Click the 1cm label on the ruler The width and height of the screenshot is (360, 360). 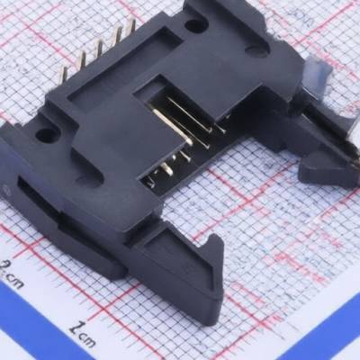pyautogui.click(x=83, y=334)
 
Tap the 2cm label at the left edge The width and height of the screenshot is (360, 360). pyautogui.click(x=12, y=272)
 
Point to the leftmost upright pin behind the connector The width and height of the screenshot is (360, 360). pyautogui.click(x=63, y=74)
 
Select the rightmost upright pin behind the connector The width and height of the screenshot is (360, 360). pyautogui.click(x=131, y=26)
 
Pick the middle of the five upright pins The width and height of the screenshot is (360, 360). pyautogui.click(x=98, y=48)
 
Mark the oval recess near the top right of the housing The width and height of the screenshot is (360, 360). pyautogui.click(x=256, y=49)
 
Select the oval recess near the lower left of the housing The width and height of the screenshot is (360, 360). pyautogui.click(x=89, y=181)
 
